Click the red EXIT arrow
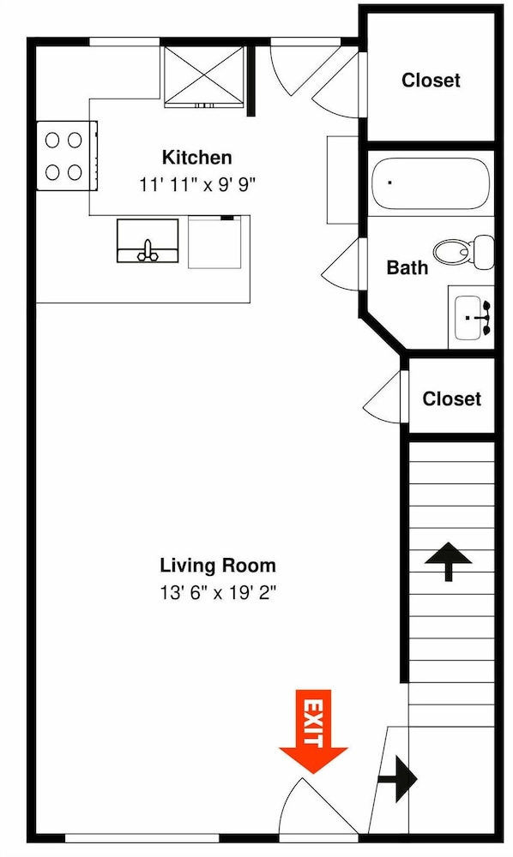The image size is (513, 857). [313, 731]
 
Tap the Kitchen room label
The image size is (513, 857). [197, 158]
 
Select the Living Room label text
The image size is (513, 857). [218, 565]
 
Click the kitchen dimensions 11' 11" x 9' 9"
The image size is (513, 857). [197, 185]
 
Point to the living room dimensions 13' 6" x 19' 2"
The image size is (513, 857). [218, 592]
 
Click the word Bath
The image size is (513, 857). [407, 267]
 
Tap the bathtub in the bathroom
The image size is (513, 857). [430, 183]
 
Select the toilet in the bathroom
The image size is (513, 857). [464, 251]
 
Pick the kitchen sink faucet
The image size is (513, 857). [147, 251]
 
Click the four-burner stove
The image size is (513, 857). [67, 156]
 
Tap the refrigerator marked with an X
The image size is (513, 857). [204, 75]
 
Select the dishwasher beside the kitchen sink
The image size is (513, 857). [214, 243]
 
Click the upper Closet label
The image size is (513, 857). [431, 81]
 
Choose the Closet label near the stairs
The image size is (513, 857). [452, 399]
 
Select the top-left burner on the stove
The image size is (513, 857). [52, 141]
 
